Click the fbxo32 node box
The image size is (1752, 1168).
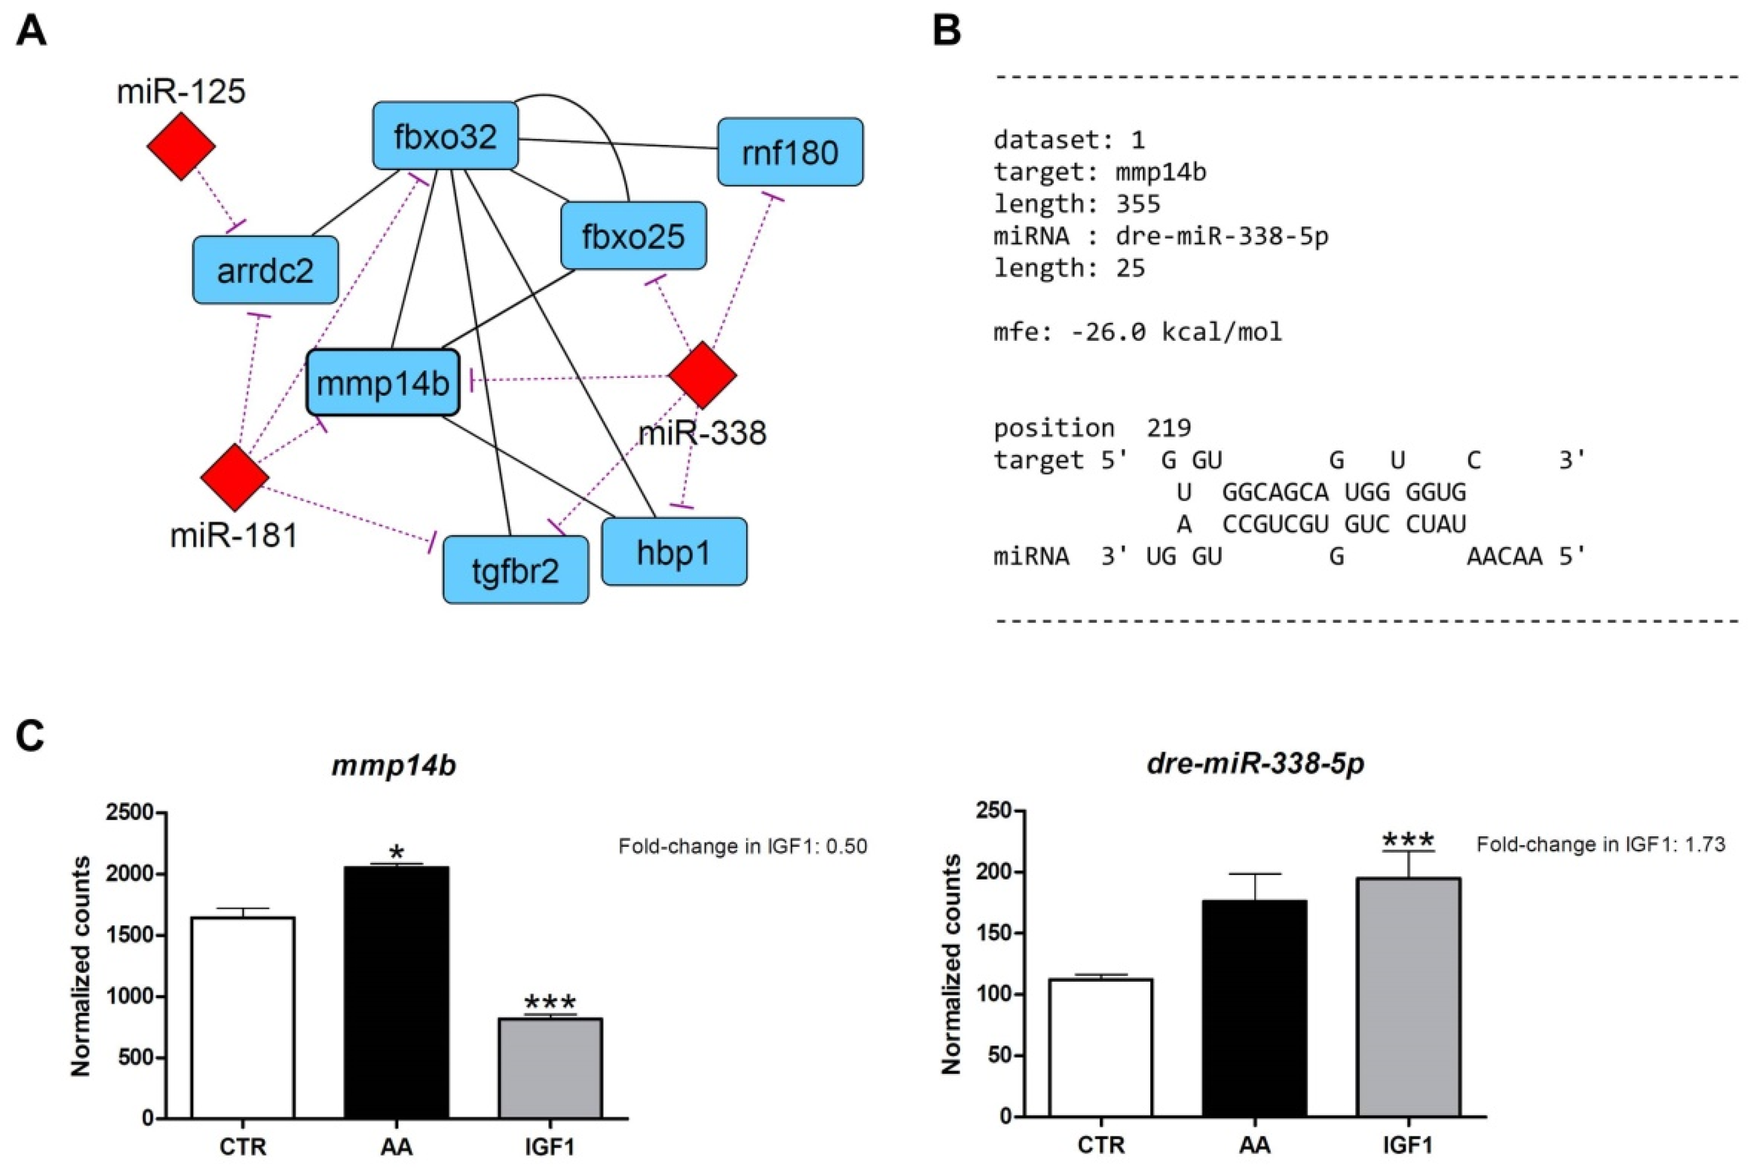(x=445, y=136)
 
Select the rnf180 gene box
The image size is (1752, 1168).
(x=790, y=152)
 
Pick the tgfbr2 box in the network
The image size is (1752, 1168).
(x=515, y=571)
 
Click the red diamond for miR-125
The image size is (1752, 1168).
(x=181, y=146)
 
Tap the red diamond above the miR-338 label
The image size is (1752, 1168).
(x=703, y=375)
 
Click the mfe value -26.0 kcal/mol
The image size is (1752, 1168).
(x=1176, y=332)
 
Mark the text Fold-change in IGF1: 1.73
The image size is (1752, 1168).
(x=1600, y=845)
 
